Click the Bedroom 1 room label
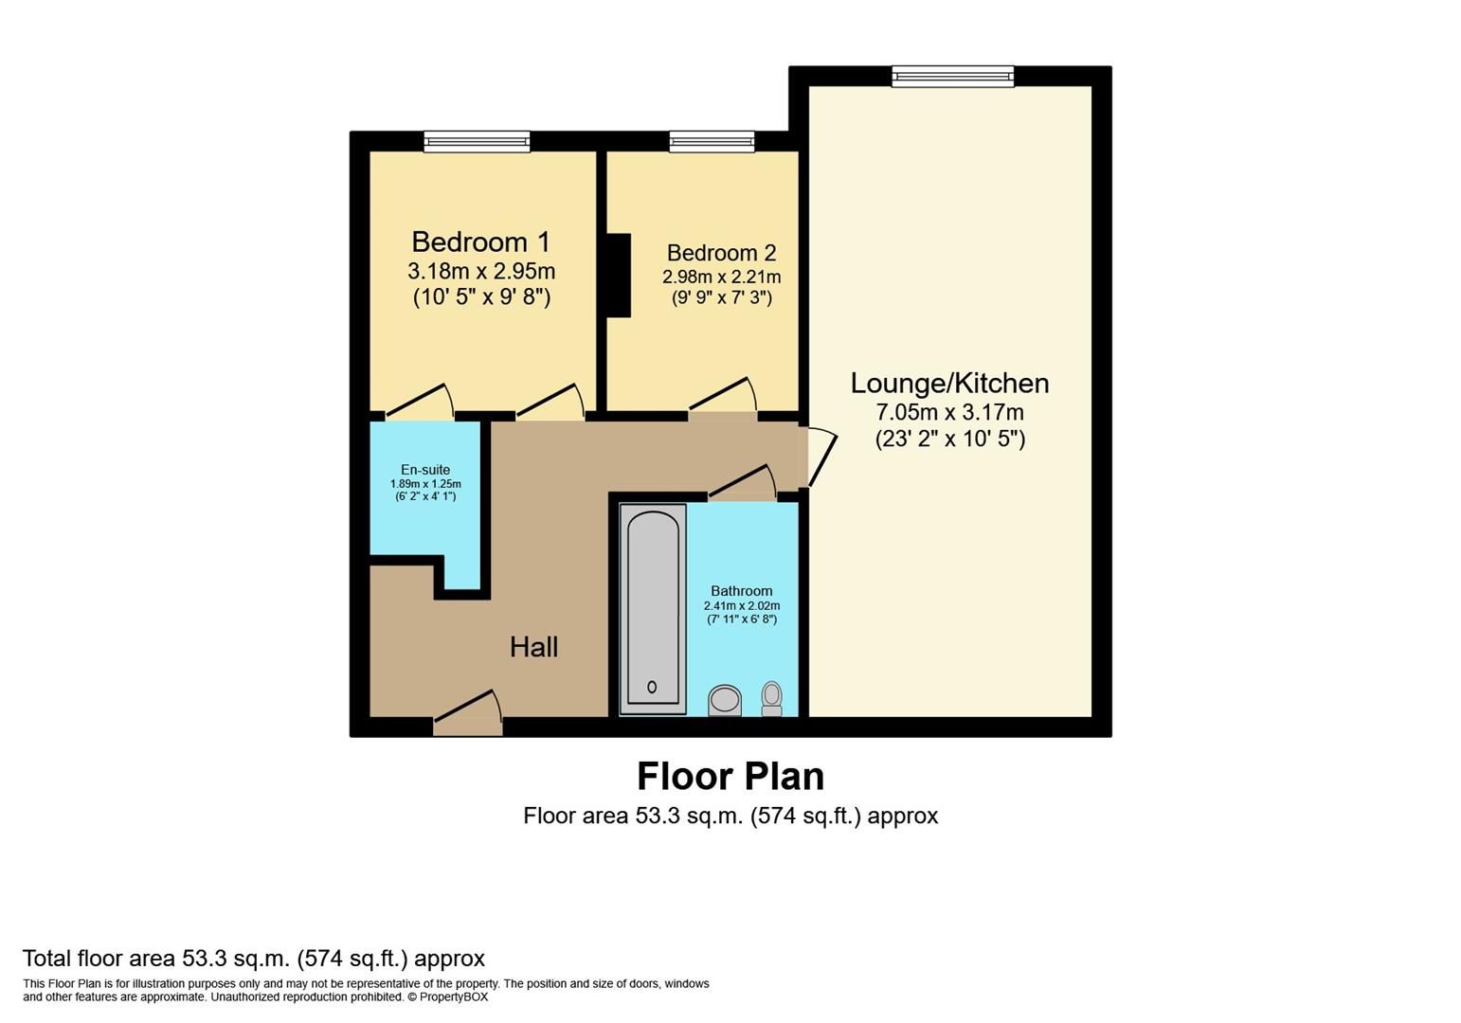point(480,242)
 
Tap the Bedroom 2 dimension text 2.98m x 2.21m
point(721,277)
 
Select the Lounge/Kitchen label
point(949,384)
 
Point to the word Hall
point(533,647)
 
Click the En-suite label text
point(425,470)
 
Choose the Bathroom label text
point(741,591)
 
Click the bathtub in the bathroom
point(652,609)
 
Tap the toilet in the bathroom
point(772,698)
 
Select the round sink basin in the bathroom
point(726,700)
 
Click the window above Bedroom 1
point(477,141)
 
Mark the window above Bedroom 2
point(712,141)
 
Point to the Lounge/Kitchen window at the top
point(952,77)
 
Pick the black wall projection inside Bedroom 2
point(619,275)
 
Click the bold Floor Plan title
point(730,776)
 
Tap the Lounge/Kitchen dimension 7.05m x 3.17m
point(949,413)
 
